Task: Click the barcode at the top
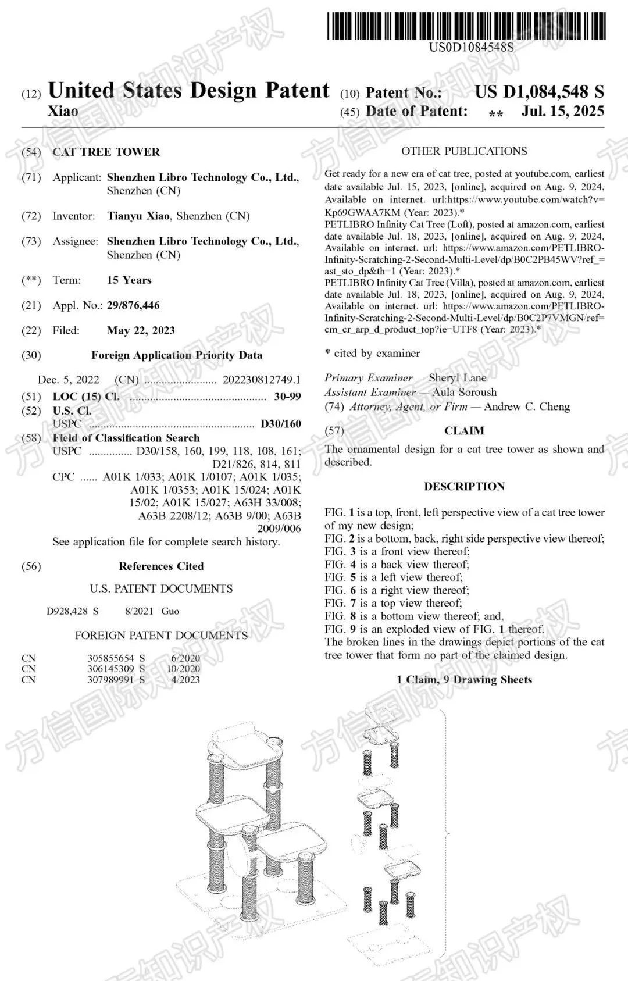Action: pos(466,26)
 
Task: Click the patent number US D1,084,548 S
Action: pos(539,92)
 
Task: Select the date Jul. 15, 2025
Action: pos(562,111)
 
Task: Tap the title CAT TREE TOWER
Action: pos(106,152)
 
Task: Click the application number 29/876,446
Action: pos(133,305)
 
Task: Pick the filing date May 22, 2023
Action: pos(141,330)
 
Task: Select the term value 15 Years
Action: pos(129,280)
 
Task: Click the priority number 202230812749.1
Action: pos(262,380)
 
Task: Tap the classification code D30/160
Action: pos(280,424)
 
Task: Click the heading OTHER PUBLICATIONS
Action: pos(464,151)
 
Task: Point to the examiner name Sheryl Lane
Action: pos(457,378)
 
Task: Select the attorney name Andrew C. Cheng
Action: pos(527,406)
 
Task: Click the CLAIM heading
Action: pos(464,431)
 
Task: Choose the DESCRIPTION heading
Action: pos(464,486)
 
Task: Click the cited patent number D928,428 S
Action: pos(73,611)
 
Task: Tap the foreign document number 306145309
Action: pos(110,669)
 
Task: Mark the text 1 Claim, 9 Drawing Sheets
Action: pos(464,679)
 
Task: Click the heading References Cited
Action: pos(161,566)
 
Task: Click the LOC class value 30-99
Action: pos(287,397)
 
